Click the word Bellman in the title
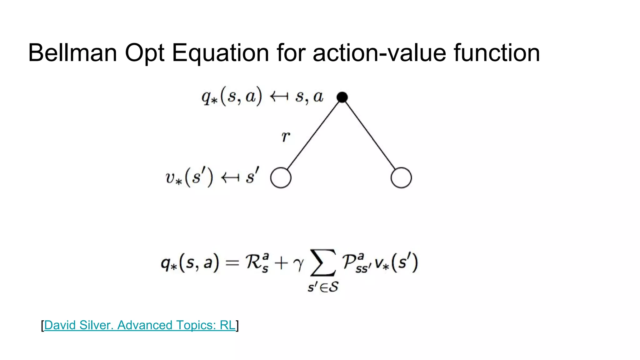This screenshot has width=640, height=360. (x=72, y=53)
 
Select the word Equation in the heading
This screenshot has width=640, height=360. (x=220, y=53)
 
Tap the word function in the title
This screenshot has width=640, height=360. (x=497, y=53)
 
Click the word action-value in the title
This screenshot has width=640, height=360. (x=379, y=53)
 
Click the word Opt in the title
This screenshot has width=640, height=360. (x=144, y=53)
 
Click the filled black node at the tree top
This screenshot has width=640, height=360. (x=342, y=97)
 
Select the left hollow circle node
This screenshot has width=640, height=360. (x=281, y=178)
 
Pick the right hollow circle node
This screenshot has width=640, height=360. (x=401, y=178)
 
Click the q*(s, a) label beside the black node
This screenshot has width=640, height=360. (x=232, y=97)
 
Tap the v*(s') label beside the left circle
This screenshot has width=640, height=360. (x=189, y=177)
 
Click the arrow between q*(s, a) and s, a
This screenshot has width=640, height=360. (x=279, y=97)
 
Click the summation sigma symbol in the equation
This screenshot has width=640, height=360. (x=323, y=263)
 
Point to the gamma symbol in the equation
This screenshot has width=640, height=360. (x=298, y=264)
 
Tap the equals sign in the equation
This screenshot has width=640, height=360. (x=232, y=263)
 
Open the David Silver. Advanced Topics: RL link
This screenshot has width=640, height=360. (x=140, y=325)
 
